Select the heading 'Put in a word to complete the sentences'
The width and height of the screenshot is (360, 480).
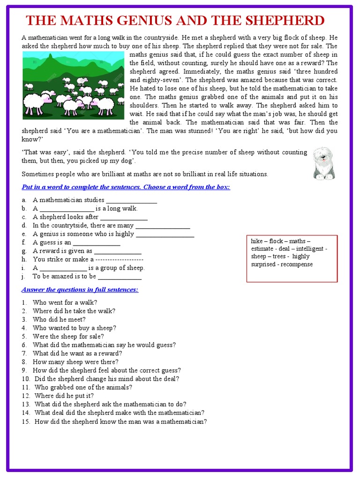(x=126, y=187)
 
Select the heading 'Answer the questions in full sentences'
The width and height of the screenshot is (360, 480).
(x=80, y=289)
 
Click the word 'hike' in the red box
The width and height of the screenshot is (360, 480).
(x=257, y=241)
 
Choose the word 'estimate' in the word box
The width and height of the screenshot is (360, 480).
(x=263, y=249)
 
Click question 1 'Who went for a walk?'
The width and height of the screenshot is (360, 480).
(x=65, y=302)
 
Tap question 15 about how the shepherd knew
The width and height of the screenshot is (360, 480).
(x=120, y=421)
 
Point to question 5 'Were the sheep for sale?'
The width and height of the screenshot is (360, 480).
(x=68, y=336)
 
